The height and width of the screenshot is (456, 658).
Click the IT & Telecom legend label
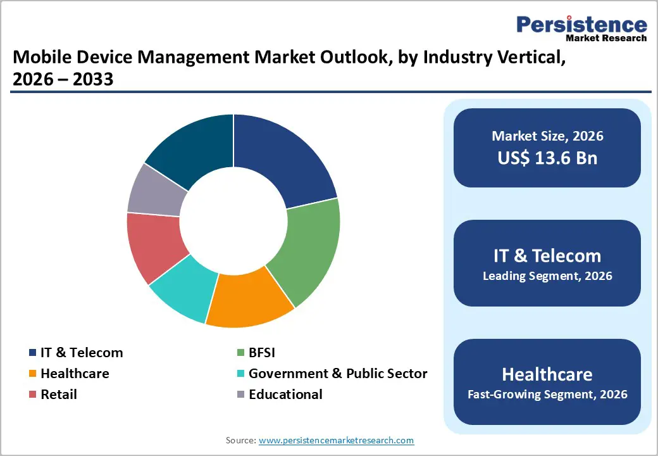pos(82,353)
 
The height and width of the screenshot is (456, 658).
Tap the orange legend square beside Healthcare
pos(32,374)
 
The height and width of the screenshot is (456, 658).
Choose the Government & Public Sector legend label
pos(338,374)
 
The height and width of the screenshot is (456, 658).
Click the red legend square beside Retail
pos(32,395)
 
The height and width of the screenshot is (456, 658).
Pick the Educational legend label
pos(285,395)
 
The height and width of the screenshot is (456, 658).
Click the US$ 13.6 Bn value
pos(547,158)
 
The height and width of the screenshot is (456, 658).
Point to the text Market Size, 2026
pos(547,136)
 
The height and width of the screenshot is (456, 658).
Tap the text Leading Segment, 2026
pos(547,276)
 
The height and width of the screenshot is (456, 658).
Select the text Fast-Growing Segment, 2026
pos(547,395)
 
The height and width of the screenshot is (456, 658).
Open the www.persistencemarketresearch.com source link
pos(336,440)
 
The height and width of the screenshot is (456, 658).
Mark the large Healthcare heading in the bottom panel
pos(547,374)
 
